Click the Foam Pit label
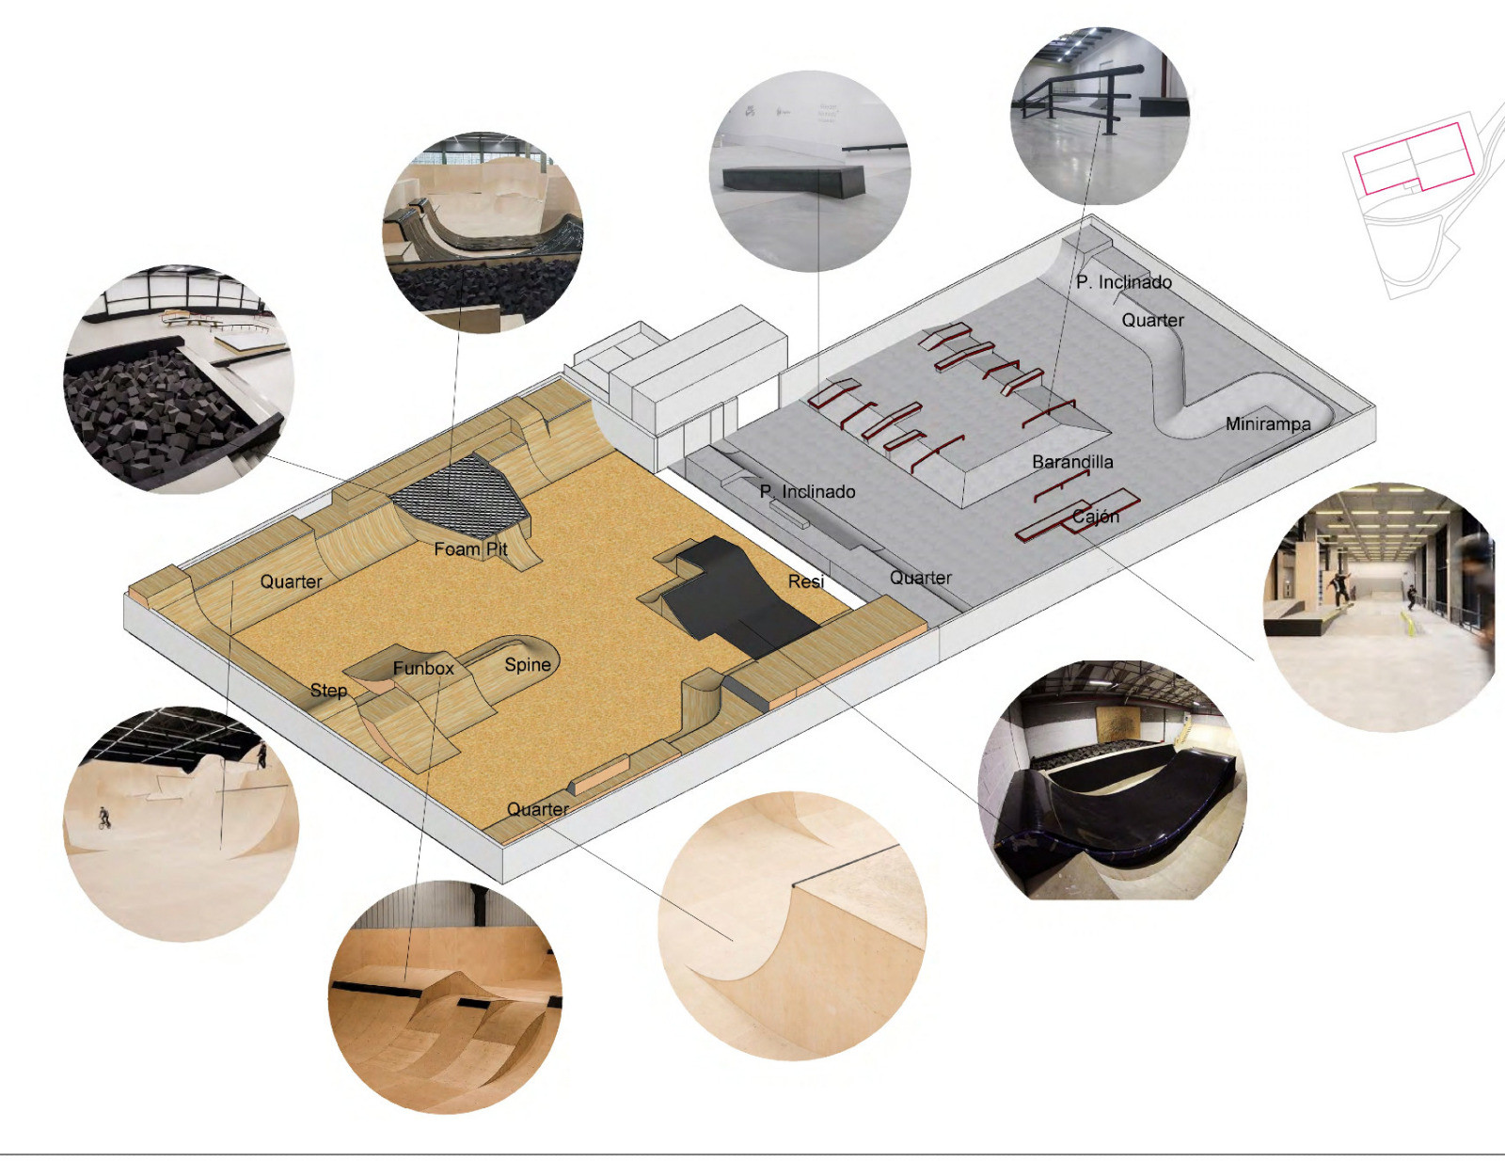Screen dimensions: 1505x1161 tap(470, 549)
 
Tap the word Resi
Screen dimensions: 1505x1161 tap(806, 581)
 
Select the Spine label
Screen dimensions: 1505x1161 tap(528, 665)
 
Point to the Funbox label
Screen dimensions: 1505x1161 tap(423, 669)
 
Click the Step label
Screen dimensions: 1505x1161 tap(328, 691)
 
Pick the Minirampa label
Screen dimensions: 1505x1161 tap(1268, 424)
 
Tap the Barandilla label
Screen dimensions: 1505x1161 tap(1072, 462)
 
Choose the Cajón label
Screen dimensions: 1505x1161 tap(1096, 517)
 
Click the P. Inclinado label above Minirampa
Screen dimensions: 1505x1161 tap(1124, 282)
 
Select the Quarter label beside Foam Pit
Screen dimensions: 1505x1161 tap(291, 581)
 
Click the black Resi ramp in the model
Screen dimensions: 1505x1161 tap(734, 596)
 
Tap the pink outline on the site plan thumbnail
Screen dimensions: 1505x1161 tap(1413, 158)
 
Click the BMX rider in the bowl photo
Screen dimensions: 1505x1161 tap(103, 818)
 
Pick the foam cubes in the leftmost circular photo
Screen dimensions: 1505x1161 tap(156, 416)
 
